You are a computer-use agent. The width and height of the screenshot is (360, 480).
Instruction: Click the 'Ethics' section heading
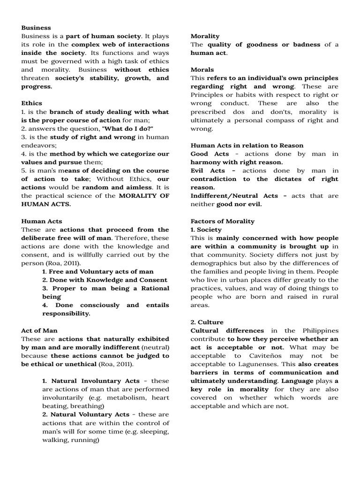point(31,103)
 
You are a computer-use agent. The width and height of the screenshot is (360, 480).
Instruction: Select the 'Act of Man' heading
point(39,330)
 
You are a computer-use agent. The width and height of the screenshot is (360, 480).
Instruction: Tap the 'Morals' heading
point(202,69)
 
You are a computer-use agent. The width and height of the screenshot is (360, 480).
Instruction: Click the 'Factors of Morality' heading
point(222,221)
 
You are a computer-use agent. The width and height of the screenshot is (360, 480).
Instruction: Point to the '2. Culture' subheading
point(207,322)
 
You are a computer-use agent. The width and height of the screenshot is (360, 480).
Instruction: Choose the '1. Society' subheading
point(206,230)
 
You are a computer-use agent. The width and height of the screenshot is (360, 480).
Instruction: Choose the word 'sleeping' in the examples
point(154,432)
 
